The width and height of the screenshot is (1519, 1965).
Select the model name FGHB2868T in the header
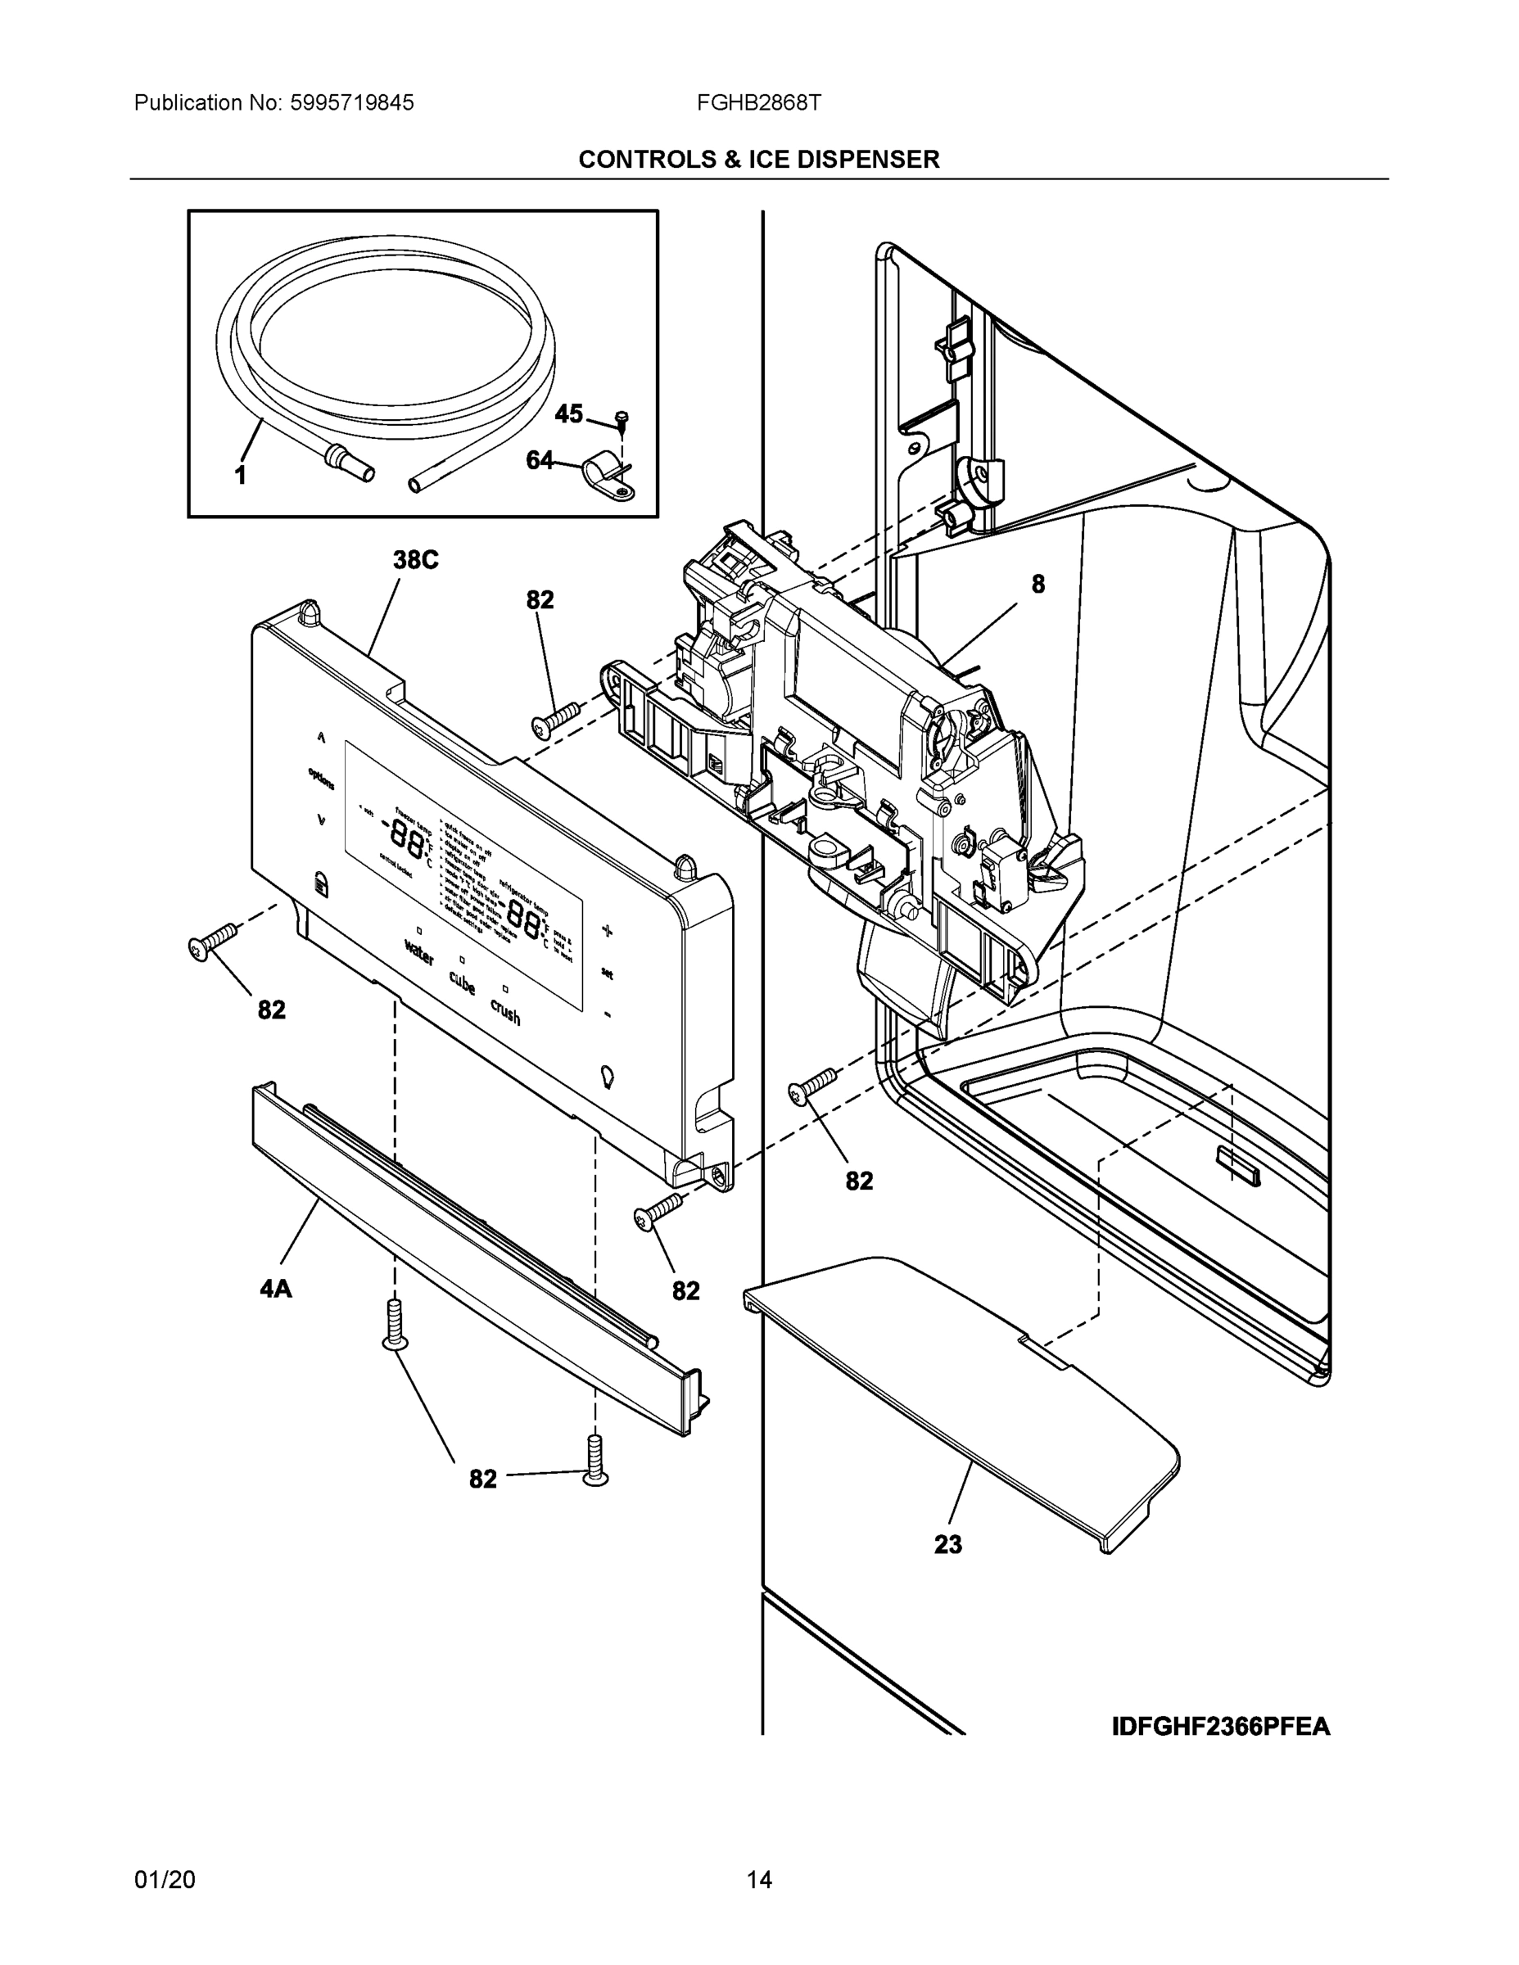[x=757, y=102]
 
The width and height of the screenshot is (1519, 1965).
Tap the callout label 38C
[x=415, y=560]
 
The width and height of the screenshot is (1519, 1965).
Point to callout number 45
[x=567, y=413]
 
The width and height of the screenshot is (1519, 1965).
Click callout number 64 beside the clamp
[x=539, y=461]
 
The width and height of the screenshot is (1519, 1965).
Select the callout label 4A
[x=275, y=1290]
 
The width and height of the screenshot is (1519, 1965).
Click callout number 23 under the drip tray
[x=947, y=1545]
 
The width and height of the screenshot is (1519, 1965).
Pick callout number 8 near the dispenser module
[x=1038, y=585]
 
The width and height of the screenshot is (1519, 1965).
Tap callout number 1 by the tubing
[x=240, y=475]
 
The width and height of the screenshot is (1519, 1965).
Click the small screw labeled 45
[x=621, y=417]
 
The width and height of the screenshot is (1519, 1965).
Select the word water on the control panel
[x=419, y=952]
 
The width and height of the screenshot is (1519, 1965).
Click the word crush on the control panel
[x=505, y=1011]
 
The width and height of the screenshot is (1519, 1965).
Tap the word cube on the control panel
[x=462, y=982]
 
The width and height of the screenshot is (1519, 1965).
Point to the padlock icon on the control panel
[x=321, y=883]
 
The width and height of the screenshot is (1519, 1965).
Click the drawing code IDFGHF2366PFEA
[x=1220, y=1727]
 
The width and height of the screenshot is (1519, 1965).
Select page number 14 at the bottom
[x=758, y=1880]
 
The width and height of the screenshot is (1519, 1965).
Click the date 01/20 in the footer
[x=165, y=1880]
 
